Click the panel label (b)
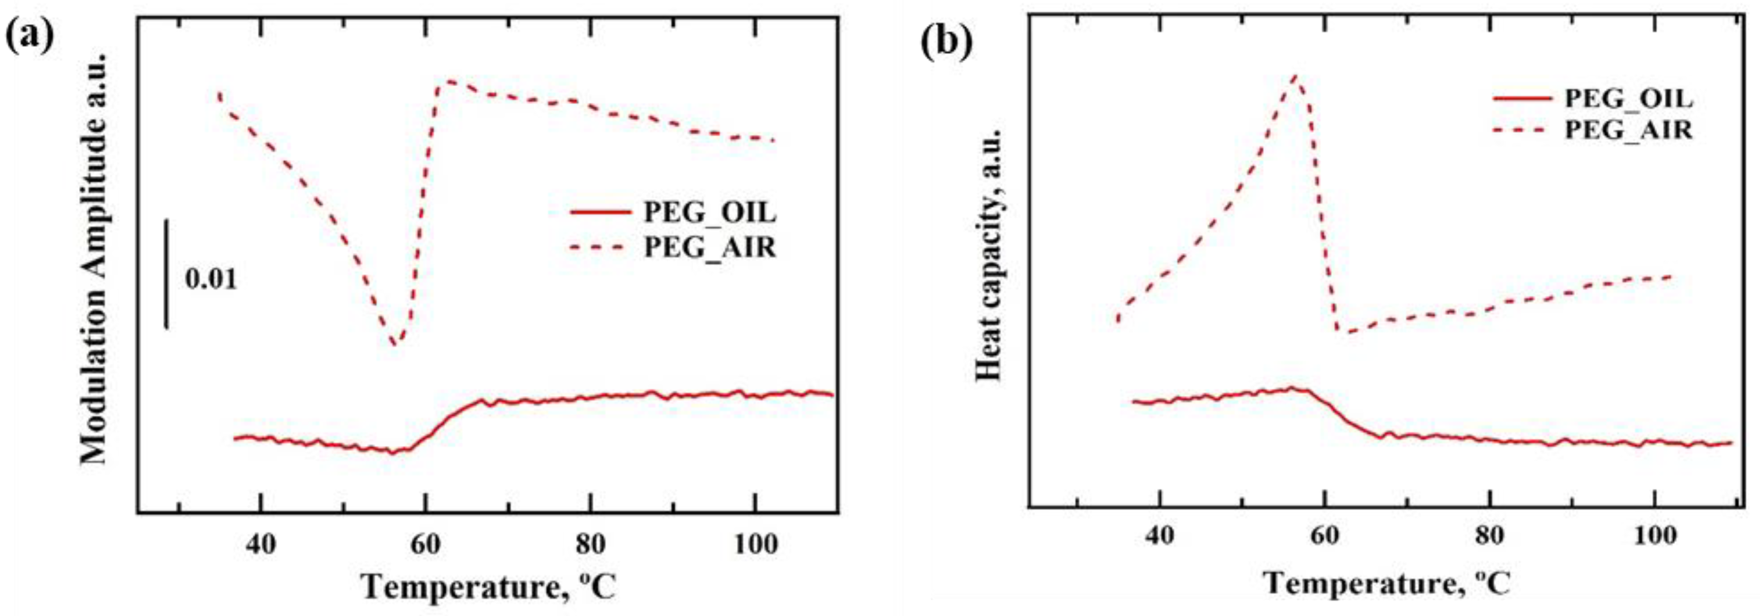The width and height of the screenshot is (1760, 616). [946, 42]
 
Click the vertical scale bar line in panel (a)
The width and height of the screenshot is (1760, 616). [166, 273]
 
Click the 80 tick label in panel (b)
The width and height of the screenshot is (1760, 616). [1489, 536]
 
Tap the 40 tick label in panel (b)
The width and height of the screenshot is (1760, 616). [1159, 536]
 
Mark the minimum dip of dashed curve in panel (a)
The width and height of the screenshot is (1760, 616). [394, 344]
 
